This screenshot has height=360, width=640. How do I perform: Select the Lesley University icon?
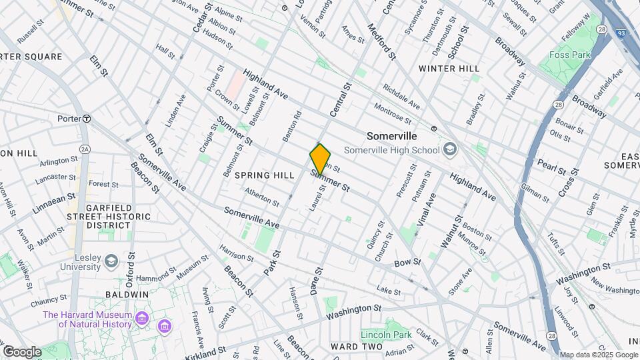(111, 260)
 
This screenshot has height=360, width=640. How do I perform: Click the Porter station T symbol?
(86, 118)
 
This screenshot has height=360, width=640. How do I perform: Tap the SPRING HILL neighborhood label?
(265, 175)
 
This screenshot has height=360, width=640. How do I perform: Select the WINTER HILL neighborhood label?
(449, 69)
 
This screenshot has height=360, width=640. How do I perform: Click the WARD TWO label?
(357, 347)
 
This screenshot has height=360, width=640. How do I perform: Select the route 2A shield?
(85, 149)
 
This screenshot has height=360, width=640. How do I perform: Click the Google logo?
(21, 351)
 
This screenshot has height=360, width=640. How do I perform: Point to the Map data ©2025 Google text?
(599, 355)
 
